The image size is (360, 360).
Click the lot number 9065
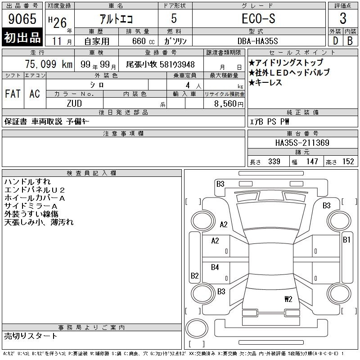coord(22,19)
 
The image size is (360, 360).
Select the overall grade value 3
coord(343,18)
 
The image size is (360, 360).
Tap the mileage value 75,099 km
coord(49,64)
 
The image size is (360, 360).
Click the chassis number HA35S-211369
coord(302,143)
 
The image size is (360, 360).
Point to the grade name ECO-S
coord(258,18)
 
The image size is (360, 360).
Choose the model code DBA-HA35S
coord(257,41)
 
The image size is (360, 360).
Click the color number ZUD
coord(74,103)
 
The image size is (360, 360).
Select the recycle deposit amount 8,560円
coord(229,104)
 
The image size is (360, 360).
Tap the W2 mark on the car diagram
coord(288,299)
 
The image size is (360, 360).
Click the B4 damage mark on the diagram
coord(215,267)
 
